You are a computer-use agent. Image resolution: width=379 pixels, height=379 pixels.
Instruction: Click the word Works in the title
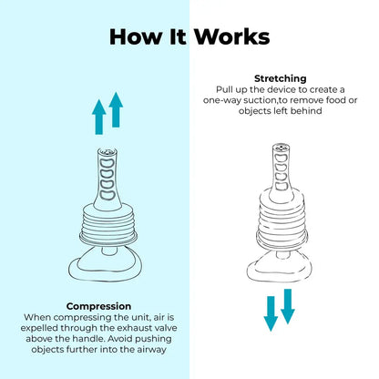pos(232,37)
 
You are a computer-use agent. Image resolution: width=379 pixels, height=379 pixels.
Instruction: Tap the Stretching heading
pos(281,78)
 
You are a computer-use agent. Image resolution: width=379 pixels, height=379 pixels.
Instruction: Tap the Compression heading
pos(98,306)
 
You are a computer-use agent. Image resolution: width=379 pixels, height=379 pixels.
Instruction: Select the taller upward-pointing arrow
pos(116,109)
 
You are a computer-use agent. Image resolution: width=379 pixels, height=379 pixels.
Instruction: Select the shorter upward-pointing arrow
pos(99,117)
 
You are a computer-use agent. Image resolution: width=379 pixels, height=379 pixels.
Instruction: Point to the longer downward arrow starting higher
pos(288,306)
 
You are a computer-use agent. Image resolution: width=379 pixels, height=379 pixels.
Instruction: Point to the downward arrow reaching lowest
pos(271,314)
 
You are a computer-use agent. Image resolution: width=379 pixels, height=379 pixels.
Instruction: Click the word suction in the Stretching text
pos(260,100)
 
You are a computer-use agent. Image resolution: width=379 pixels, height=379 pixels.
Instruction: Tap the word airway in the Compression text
pos(151,350)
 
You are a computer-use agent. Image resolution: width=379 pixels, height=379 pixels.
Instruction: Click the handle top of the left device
pos(108,151)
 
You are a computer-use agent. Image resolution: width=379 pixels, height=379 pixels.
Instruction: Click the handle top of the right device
pos(281,148)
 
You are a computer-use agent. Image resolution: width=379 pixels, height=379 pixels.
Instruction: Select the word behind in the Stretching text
pos(306,111)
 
